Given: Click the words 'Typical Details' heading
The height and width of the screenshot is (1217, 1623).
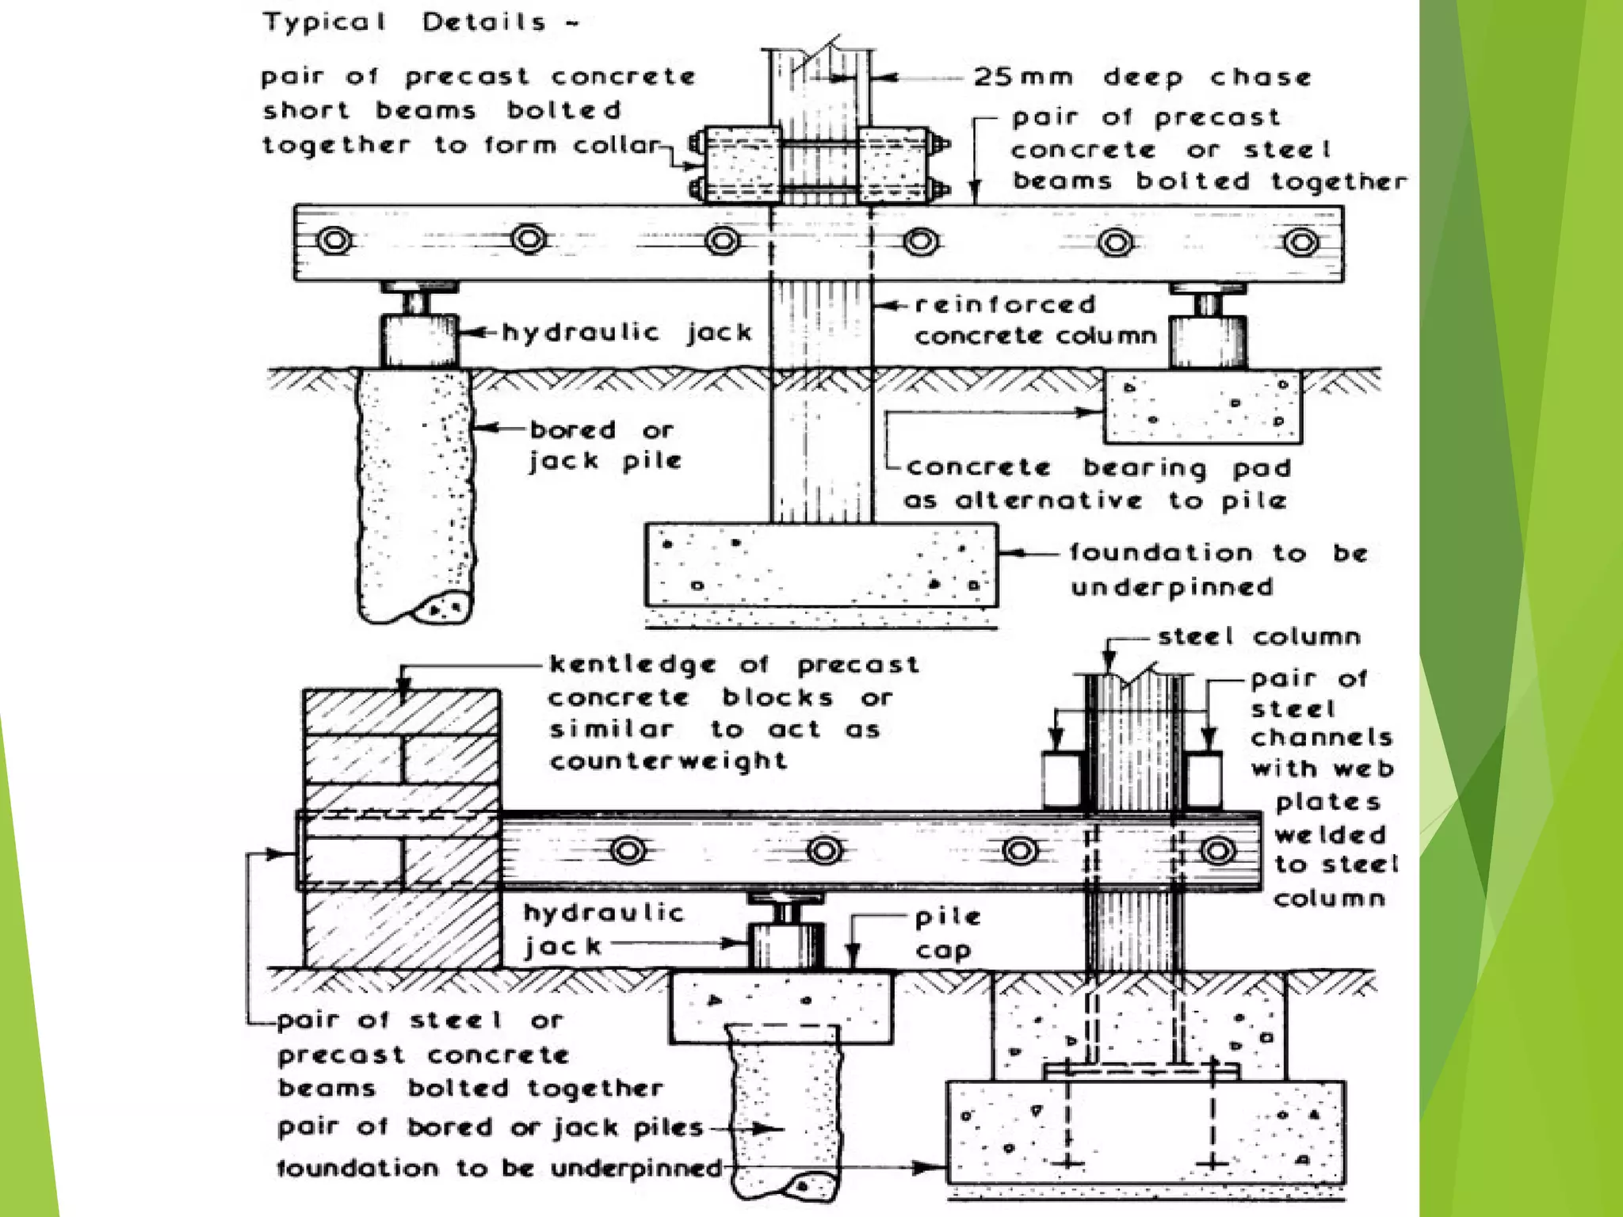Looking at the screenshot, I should pos(420,22).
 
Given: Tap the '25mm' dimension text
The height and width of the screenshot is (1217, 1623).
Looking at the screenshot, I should pos(1023,77).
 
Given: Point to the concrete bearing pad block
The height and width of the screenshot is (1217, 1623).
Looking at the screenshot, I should pos(1202,406).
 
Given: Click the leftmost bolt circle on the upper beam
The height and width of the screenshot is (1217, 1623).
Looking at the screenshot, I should pos(334,240).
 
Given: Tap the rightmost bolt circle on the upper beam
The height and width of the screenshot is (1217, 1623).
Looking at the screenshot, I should pos(1300,242).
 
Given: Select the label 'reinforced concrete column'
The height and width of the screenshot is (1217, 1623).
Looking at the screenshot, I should pos(1030,320).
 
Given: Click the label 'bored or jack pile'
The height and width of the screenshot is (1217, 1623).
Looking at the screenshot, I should pos(605,445).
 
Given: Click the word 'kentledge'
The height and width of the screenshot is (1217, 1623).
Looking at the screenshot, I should pos(632,664).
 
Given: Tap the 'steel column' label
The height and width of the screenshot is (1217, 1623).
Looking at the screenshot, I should pos(1258,636).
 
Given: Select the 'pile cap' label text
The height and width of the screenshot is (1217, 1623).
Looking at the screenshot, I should pos(947,933).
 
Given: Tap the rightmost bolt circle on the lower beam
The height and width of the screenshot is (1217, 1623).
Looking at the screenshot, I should pos(1217,852).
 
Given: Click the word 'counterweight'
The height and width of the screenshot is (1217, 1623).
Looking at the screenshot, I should pos(668,761).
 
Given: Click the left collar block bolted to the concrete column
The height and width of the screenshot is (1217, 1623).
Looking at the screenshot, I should pos(741,166).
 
